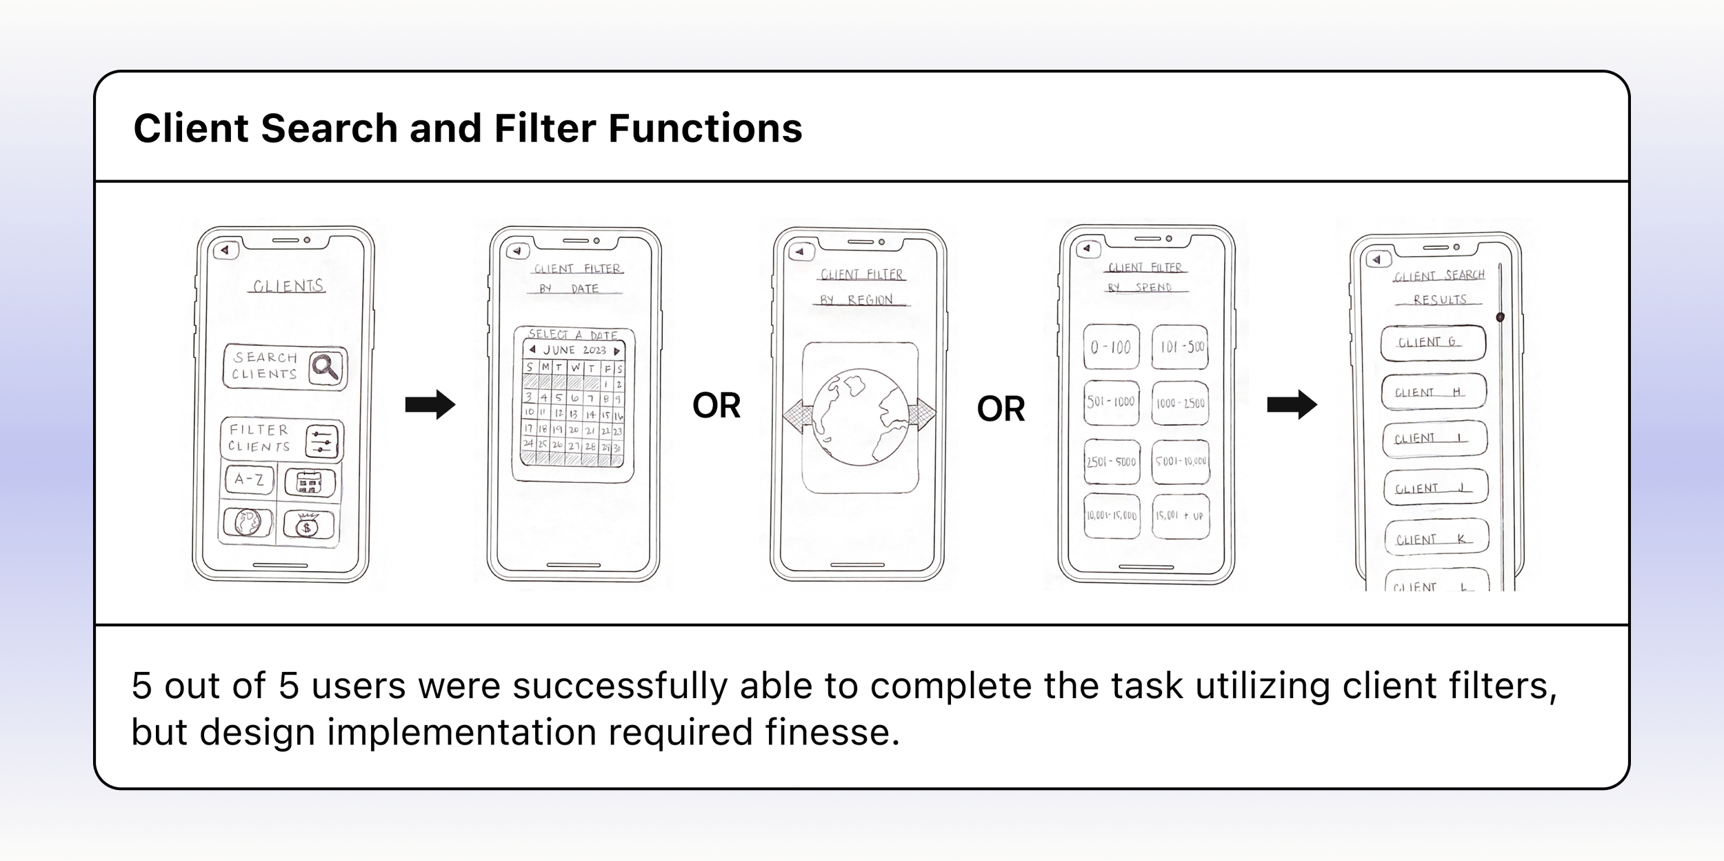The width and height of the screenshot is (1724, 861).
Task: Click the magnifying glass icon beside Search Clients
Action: click(325, 367)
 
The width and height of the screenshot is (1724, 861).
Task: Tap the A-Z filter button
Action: click(249, 479)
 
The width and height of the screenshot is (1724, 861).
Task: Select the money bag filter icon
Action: click(308, 526)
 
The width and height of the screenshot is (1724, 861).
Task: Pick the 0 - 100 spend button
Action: click(1111, 347)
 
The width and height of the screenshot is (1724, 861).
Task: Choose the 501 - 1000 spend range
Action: click(1111, 402)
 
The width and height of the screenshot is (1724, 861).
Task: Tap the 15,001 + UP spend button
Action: click(1180, 516)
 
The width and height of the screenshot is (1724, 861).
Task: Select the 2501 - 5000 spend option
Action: click(1111, 462)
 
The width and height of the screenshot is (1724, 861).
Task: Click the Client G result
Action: click(1432, 343)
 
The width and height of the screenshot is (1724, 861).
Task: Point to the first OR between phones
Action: click(716, 406)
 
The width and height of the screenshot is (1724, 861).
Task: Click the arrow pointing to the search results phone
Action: click(1292, 405)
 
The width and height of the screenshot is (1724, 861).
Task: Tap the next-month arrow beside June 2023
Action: click(617, 351)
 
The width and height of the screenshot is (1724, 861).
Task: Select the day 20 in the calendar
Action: click(574, 430)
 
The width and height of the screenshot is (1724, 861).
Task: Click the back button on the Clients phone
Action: click(225, 250)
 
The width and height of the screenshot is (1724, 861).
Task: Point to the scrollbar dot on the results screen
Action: click(1500, 317)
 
